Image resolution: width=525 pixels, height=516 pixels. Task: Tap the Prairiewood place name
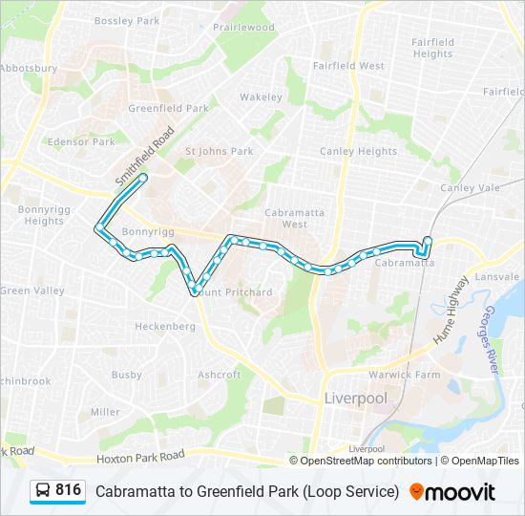[x=242, y=28]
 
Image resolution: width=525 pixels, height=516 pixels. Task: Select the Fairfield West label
[x=348, y=66]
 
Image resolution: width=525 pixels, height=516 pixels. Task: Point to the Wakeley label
[x=261, y=97]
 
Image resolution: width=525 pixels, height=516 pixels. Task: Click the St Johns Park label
[x=219, y=151]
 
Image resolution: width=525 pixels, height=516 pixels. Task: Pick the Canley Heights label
[x=358, y=151]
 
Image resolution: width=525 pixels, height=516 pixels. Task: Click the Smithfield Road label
[x=145, y=156]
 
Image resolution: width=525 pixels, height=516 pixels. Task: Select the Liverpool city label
[x=355, y=398]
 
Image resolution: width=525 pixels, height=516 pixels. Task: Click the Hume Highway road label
[x=451, y=311]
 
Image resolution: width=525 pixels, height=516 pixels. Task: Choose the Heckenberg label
[x=164, y=327]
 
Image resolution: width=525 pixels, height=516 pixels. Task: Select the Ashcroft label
[x=219, y=376]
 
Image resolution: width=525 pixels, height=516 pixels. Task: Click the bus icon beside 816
[x=43, y=491]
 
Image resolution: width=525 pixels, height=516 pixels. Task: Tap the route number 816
[x=69, y=490]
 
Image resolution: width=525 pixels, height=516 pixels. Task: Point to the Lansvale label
[x=496, y=276]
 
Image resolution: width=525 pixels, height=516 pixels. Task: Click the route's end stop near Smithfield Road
[x=143, y=178]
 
